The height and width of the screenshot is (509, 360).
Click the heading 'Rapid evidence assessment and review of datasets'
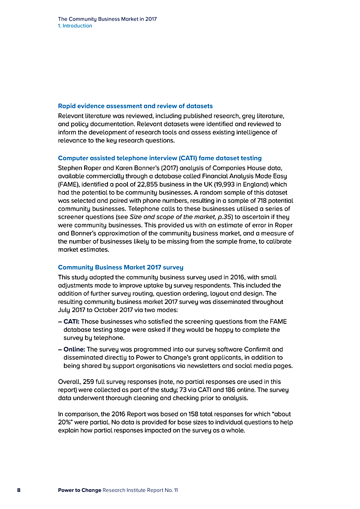coord(135,106)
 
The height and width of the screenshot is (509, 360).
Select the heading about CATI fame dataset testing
coord(160,158)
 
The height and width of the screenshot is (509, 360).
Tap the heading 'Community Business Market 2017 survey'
coord(121,268)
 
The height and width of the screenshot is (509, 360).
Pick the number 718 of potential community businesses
coord(262,201)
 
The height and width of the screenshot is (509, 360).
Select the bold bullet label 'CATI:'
coord(71,321)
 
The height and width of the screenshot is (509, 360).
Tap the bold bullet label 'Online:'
coord(74,349)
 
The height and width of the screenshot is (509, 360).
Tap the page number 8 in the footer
coord(19,490)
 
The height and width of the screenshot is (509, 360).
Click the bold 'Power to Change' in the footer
coord(80,490)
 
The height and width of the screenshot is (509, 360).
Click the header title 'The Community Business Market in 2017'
coord(107,19)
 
